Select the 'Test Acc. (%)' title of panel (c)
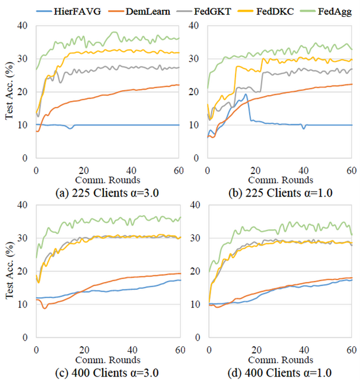(x=10, y=271)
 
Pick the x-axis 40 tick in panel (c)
(x=131, y=348)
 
